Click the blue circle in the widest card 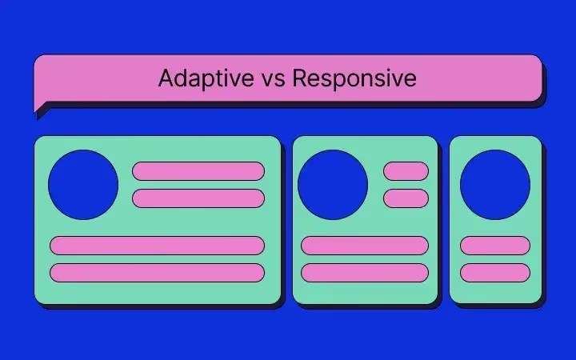83,185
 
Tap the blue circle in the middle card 333,185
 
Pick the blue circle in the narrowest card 495,185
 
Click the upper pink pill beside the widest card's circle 198,171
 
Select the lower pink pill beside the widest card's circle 198,198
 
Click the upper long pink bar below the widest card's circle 158,246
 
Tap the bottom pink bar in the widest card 158,273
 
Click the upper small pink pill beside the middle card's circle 406,171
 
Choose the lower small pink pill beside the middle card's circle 406,198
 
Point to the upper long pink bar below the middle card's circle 365,246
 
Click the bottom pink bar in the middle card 365,273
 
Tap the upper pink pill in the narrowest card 495,246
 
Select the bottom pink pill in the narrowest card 495,273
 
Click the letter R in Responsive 300,78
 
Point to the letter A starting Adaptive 166,78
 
